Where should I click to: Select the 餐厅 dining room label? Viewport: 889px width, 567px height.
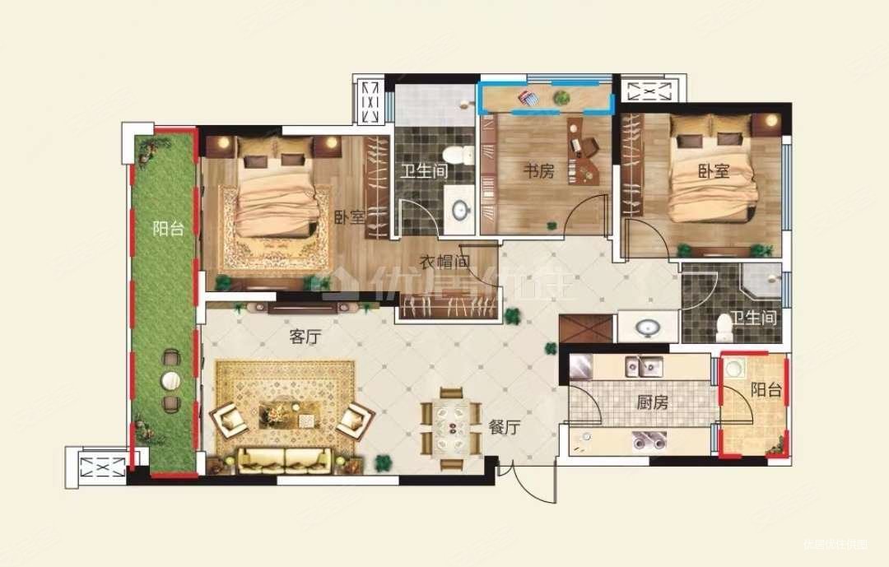[x=504, y=427]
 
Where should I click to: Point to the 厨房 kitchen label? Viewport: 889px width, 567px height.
[x=652, y=403]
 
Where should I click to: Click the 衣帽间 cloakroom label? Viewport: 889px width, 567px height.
[x=444, y=263]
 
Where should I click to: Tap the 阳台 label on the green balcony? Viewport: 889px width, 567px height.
[x=168, y=229]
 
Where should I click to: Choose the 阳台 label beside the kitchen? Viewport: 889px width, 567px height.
[x=766, y=389]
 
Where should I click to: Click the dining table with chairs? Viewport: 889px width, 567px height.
[x=450, y=421]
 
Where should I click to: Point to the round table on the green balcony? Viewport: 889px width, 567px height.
[x=171, y=380]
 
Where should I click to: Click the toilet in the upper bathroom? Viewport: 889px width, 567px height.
[x=455, y=154]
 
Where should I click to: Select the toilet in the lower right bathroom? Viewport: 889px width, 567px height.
[x=724, y=327]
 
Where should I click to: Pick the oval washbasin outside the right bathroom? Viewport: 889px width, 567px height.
[x=647, y=328]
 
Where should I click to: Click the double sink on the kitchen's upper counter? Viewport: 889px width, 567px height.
[x=644, y=365]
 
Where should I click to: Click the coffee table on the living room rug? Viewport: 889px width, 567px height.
[x=283, y=411]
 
